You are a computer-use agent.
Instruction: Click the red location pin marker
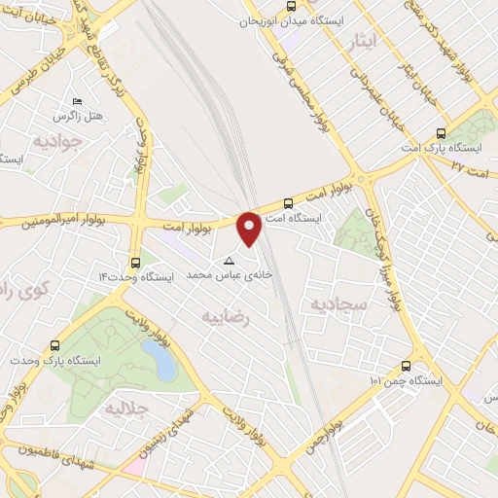[x=250, y=229]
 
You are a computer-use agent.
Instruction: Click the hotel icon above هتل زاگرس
[x=77, y=102]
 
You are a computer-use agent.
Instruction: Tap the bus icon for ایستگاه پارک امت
[x=442, y=133]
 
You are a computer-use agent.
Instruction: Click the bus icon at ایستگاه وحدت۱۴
[x=134, y=262]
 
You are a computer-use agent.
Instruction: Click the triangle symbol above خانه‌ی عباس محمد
[x=230, y=261]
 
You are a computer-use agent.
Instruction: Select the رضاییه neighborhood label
[x=227, y=315]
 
